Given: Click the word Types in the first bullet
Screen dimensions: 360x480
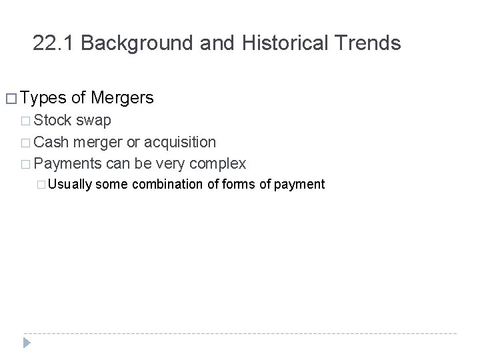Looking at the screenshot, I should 43,99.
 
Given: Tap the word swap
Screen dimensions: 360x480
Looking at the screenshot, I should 94,121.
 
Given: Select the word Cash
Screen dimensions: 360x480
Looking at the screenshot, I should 53,142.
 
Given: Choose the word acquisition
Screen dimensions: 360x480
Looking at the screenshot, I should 179,142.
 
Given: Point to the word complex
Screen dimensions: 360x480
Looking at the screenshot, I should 219,163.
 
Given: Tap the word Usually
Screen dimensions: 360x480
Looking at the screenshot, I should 71,183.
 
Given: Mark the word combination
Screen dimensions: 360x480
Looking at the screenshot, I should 169,183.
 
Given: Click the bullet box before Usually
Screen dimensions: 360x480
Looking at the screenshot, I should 43,184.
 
